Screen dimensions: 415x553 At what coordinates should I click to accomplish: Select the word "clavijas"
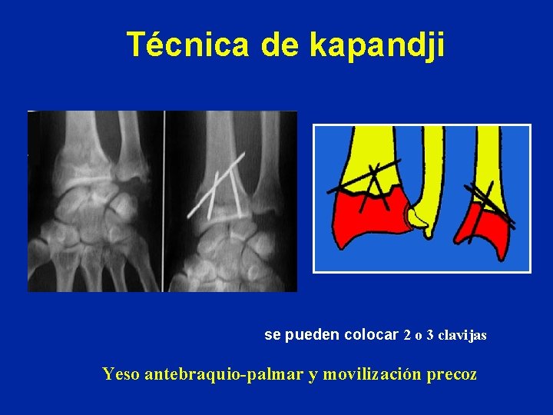click(463, 336)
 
